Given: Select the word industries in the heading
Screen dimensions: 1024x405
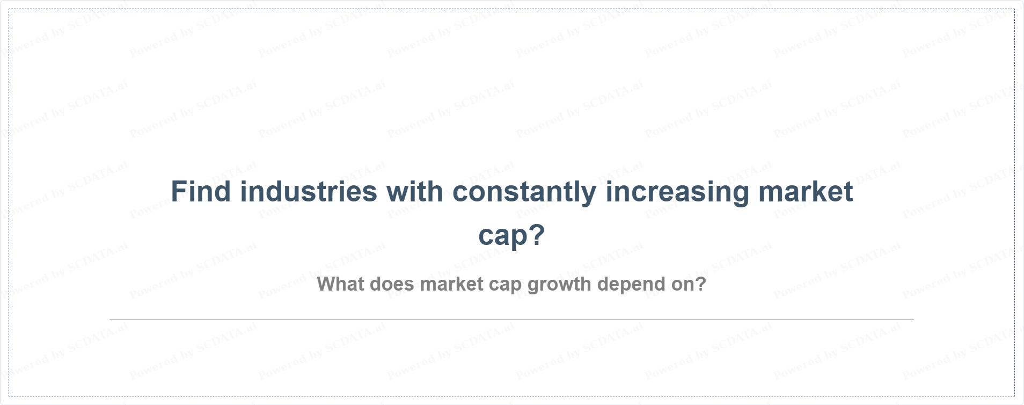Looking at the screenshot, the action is coord(309,192).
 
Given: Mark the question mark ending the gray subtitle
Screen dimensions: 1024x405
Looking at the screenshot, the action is coord(700,284).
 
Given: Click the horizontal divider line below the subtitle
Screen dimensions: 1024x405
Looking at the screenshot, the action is coord(511,320).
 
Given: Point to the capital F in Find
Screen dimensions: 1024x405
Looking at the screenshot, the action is coord(179,192).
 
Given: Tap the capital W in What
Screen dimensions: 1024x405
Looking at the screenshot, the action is coord(327,284).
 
